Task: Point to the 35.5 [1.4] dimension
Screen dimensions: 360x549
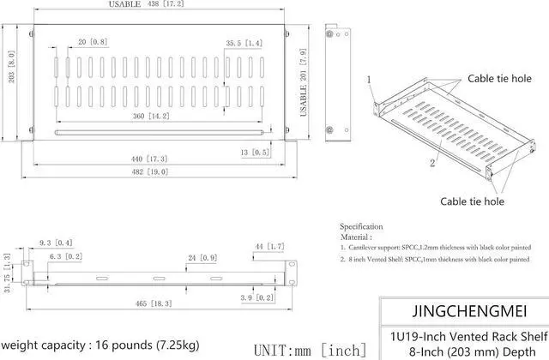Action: [x=244, y=42]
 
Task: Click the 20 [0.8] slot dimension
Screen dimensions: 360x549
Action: [x=92, y=41]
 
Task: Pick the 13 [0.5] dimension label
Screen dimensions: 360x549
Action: [x=255, y=152]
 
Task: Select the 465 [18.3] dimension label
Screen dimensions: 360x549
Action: [x=150, y=303]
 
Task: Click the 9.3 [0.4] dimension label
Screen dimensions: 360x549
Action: [x=57, y=244]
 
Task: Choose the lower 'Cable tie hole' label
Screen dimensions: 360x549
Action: [x=473, y=201]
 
